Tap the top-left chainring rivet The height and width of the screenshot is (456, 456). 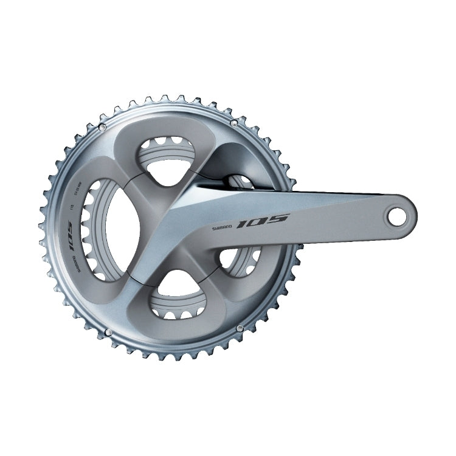click(102, 126)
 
